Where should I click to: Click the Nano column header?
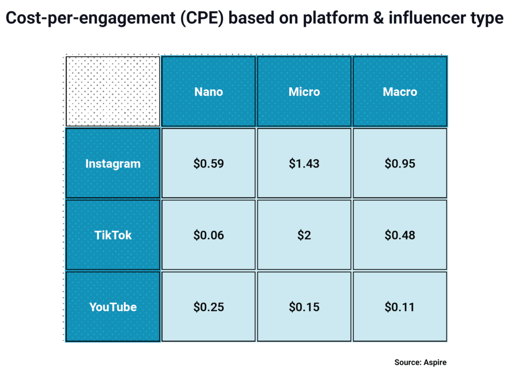click(209, 92)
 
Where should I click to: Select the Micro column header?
click(304, 92)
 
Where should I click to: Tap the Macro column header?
click(400, 92)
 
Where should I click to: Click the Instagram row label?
click(113, 164)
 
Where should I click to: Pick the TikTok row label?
click(113, 235)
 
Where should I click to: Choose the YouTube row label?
click(113, 307)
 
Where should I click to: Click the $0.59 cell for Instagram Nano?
click(209, 164)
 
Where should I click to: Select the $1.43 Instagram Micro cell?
click(304, 164)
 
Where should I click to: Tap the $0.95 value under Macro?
click(400, 164)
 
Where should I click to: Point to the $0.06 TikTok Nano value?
click(209, 235)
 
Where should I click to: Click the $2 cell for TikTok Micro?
click(304, 235)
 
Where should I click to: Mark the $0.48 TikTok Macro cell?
click(400, 235)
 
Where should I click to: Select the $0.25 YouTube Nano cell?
click(209, 307)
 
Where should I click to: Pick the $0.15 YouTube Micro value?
click(304, 307)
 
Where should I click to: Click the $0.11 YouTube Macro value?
click(400, 307)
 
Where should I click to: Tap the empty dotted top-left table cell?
click(113, 91)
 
